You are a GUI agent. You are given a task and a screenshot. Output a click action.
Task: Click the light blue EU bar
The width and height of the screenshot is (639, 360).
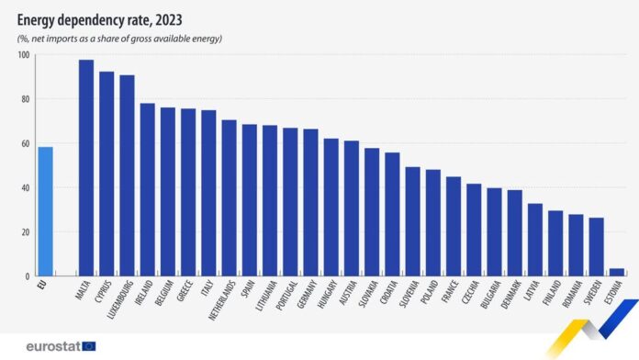coord(45,211)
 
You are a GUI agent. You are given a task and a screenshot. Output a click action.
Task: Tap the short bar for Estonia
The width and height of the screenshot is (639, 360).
coord(617,272)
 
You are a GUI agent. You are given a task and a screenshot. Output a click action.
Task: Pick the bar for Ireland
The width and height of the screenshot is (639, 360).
coord(147,189)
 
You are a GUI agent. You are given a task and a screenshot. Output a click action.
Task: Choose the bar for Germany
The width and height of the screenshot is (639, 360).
coord(310,202)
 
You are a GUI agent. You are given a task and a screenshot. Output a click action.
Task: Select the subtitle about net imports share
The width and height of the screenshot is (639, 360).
coord(119,38)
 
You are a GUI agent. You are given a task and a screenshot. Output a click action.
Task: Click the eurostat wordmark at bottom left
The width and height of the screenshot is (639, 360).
coord(50,345)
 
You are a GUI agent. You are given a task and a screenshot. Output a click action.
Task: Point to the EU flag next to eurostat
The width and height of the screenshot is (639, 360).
coord(89,345)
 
